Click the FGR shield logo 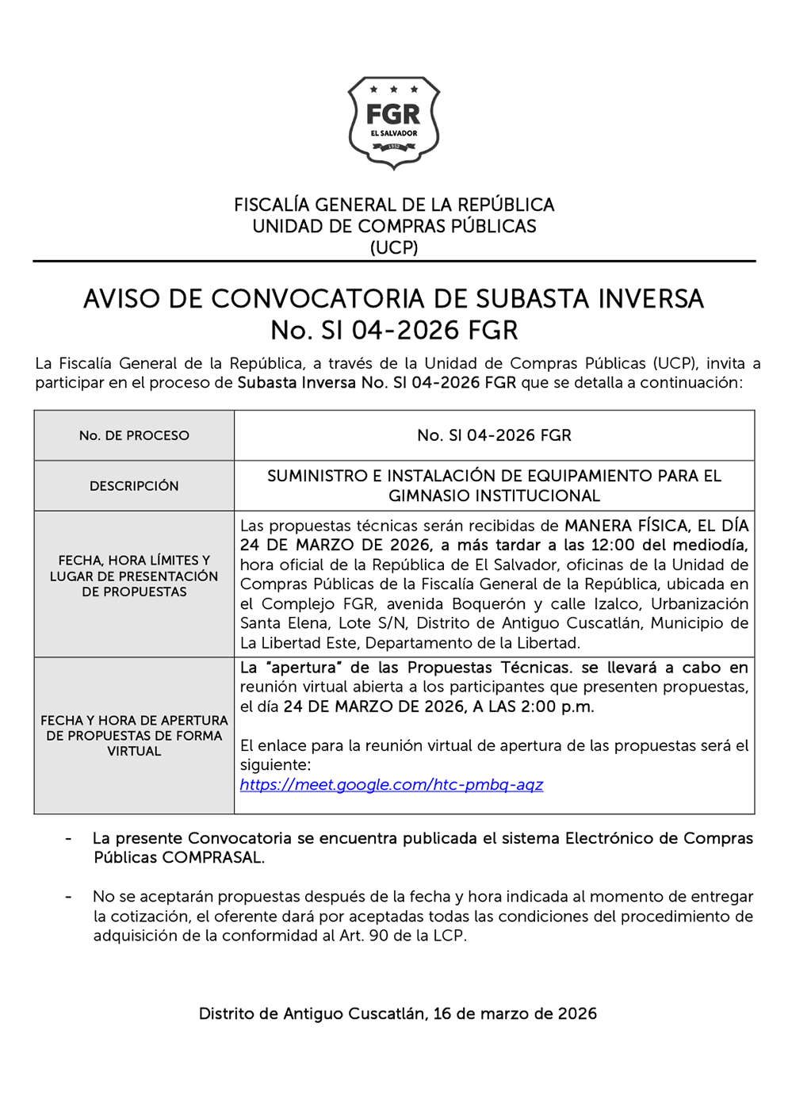[x=394, y=122]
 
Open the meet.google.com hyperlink [x=392, y=785]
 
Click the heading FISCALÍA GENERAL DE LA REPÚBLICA [x=394, y=205]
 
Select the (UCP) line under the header [x=394, y=247]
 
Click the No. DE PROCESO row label [x=134, y=435]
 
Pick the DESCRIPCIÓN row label [x=134, y=486]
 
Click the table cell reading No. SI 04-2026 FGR [x=494, y=435]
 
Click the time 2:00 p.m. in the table [x=557, y=706]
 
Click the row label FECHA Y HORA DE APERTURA [x=134, y=721]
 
